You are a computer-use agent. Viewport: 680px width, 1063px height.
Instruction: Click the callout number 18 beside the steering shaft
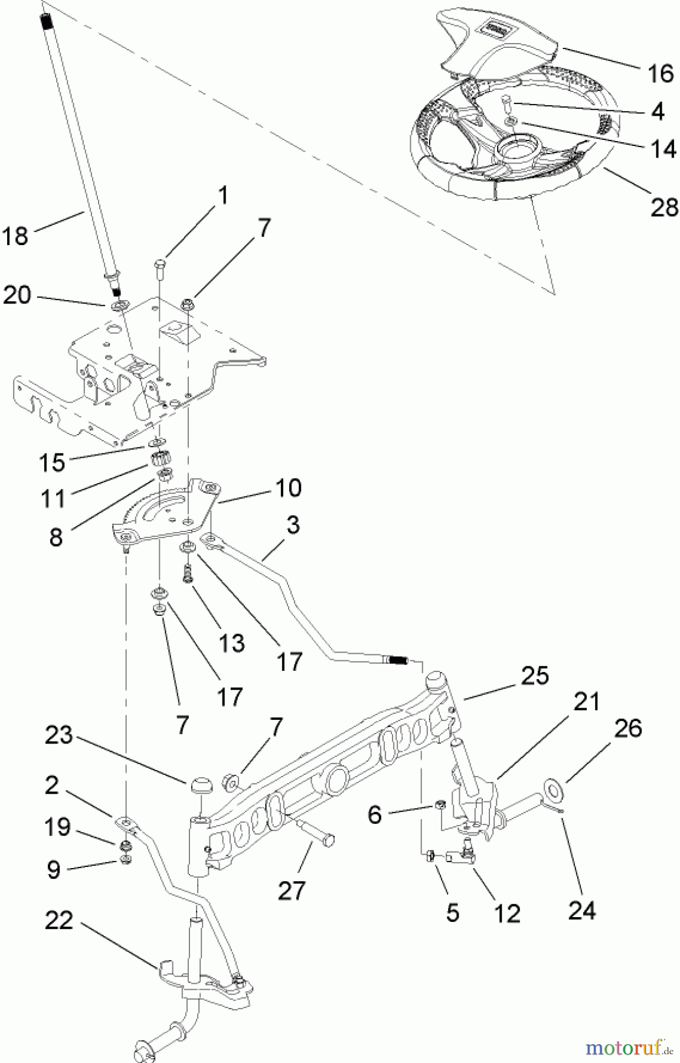pos(15,236)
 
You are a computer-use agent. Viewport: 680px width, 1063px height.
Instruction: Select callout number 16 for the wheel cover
pos(660,73)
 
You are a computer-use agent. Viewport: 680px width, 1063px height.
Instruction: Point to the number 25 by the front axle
pos(535,675)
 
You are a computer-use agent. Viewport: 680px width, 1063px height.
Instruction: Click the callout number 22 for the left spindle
pos(59,921)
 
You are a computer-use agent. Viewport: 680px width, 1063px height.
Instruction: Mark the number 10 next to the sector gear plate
pos(287,487)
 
